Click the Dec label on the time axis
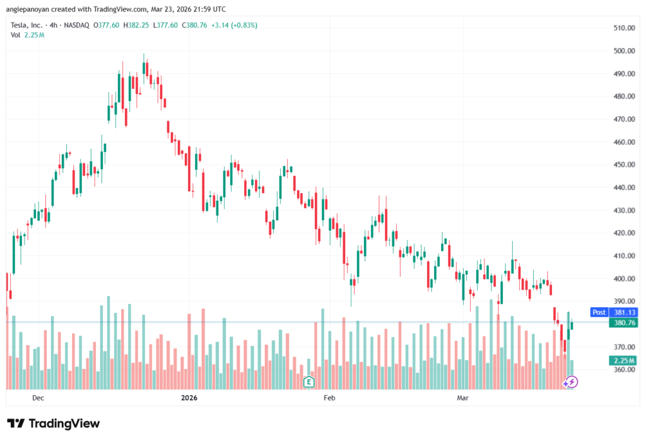coord(38,398)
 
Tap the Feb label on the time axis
coord(328,398)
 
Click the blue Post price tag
coord(599,312)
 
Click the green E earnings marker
coord(308,381)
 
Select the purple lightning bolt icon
coord(570,382)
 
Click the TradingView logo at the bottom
coord(54,423)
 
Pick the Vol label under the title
coord(16,35)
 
